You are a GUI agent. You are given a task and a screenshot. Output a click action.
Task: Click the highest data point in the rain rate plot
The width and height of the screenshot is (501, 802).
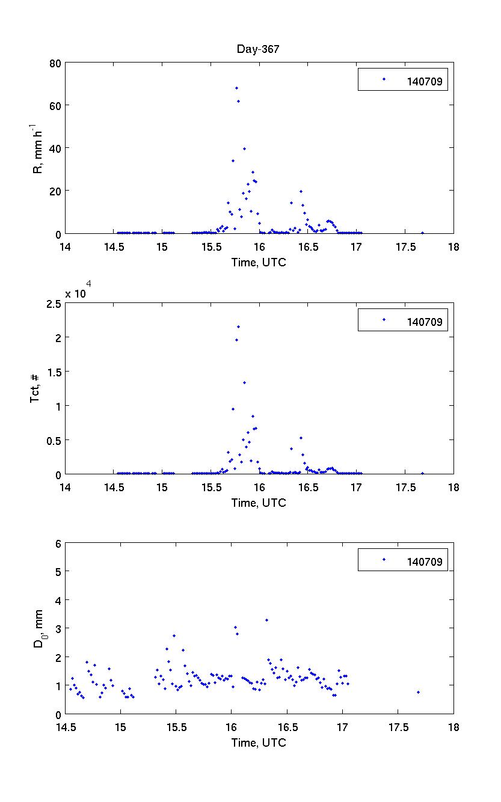[x=236, y=88]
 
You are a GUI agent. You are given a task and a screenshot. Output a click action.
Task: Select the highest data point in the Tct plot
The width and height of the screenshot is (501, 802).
[x=238, y=326]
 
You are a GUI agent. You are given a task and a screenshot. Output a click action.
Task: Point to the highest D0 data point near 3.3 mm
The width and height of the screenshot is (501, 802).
[x=266, y=620]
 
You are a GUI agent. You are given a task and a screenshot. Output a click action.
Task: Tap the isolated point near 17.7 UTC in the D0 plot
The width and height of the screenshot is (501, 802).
[x=418, y=692]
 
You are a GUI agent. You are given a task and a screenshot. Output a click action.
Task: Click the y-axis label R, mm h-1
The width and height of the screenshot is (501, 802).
[x=38, y=148]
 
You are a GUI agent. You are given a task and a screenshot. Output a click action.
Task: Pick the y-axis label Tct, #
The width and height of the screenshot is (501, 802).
[x=35, y=388]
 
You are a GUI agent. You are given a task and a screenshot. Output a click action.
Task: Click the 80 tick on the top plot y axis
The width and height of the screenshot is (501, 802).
[x=54, y=63]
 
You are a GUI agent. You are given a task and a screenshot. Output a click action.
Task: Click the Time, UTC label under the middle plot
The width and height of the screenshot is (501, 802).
[x=259, y=503]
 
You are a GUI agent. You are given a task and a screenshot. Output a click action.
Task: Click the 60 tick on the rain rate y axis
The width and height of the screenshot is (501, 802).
[x=54, y=105]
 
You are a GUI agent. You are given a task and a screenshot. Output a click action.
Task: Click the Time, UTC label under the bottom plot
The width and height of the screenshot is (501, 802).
[x=259, y=743]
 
